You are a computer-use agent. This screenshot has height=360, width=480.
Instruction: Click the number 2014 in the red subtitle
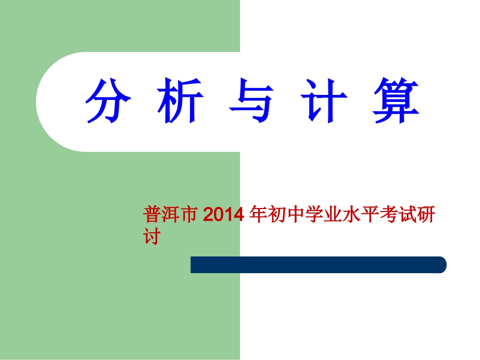(224, 215)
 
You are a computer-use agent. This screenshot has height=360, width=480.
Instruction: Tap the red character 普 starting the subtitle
(152, 215)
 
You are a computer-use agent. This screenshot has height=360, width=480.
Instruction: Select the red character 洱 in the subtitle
(169, 215)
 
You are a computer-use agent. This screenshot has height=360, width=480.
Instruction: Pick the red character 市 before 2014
(187, 215)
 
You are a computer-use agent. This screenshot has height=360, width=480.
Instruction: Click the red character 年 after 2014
(259, 215)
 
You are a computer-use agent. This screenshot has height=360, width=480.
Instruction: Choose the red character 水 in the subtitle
(347, 215)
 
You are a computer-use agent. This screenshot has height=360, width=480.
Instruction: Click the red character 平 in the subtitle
(365, 215)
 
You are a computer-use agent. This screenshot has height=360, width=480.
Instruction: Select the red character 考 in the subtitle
(382, 215)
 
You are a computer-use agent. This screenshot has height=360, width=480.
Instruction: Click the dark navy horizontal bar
(313, 265)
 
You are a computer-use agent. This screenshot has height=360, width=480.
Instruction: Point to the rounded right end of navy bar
(441, 265)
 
